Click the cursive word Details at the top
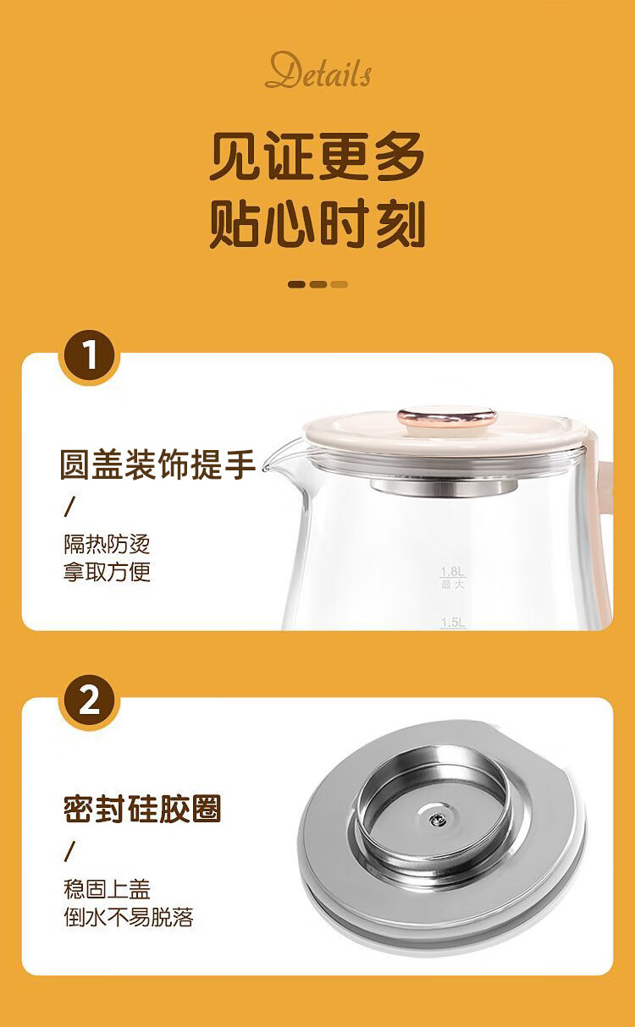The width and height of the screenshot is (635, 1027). coord(318,70)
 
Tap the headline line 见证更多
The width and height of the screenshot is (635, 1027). coord(317,156)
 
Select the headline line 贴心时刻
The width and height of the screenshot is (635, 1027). coord(317,223)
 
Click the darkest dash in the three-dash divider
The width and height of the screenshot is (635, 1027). coord(296,285)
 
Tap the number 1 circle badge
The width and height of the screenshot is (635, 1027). coord(89,356)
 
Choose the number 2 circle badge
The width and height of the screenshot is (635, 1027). coord(89,701)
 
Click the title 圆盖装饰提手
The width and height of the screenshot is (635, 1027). coord(157,464)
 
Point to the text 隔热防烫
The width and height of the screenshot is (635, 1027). coord(107,544)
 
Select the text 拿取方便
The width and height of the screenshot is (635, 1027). coord(107,572)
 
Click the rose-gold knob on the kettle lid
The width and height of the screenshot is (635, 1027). coord(447,417)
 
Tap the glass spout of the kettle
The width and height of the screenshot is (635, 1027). coord(280,459)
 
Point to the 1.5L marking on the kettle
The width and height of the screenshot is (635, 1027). coord(452,622)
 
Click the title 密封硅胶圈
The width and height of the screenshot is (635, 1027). coord(142,810)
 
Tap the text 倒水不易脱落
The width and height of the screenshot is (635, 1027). coord(129,916)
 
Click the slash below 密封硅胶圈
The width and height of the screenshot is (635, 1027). coord(69,851)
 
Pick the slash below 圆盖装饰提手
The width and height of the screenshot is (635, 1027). coord(69,507)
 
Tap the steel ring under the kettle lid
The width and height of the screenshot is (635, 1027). coord(444,486)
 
